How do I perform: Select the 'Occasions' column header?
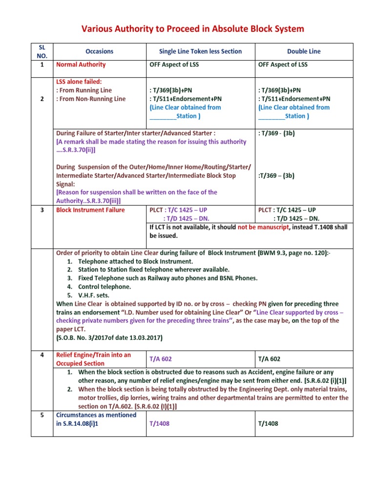99,51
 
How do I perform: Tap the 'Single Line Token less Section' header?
200,51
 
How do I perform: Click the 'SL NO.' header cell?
42,51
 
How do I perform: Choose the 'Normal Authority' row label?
81,64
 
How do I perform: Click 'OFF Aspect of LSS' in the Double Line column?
283,64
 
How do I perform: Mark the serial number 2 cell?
42,99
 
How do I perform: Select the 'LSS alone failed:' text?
79,82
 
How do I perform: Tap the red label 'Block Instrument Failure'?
90,210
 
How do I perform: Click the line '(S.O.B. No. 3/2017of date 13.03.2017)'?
110,338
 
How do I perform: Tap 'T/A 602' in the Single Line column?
161,359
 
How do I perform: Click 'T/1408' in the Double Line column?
268,423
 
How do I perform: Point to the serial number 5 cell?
42,415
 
